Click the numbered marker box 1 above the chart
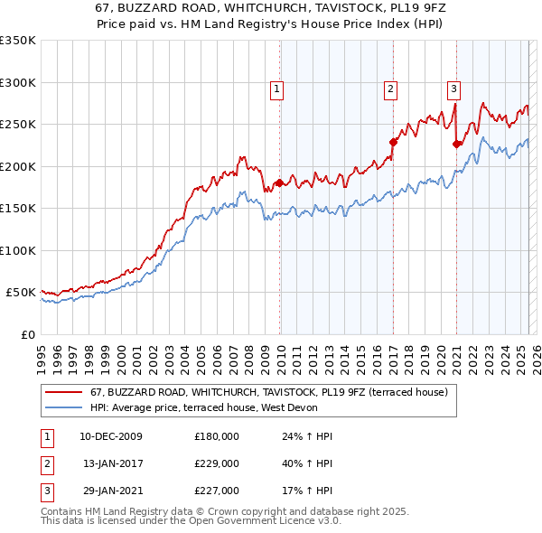pyautogui.click(x=276, y=89)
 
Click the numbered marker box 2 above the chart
pyautogui.click(x=390, y=89)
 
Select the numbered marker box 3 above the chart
pyautogui.click(x=453, y=89)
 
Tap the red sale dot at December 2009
pyautogui.click(x=279, y=183)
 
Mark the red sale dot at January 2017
pyautogui.click(x=393, y=142)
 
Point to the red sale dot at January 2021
pyautogui.click(x=456, y=144)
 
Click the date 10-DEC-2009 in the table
pyautogui.click(x=111, y=436)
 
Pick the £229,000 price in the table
pyautogui.click(x=217, y=463)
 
